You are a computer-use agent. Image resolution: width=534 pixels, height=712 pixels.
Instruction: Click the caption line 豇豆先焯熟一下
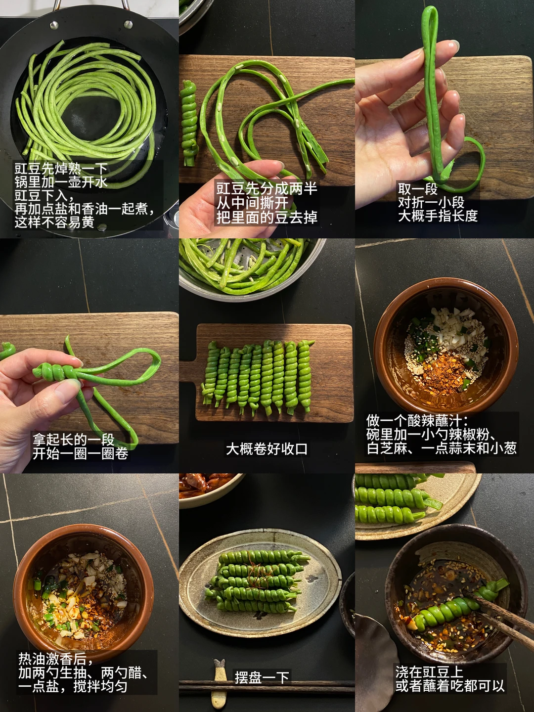[61, 169]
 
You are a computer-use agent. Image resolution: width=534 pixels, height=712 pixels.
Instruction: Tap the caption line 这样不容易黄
[54, 222]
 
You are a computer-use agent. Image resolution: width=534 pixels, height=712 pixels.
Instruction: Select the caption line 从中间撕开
[252, 203]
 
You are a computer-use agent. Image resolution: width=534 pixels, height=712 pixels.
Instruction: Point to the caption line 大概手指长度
[438, 216]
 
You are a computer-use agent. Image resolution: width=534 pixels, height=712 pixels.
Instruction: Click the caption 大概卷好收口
[267, 449]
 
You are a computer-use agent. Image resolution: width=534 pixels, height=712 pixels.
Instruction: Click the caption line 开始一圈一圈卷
[81, 453]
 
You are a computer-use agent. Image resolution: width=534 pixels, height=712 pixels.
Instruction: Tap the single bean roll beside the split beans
[189, 123]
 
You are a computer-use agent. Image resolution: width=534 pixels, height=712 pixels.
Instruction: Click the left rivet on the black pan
[54, 25]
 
